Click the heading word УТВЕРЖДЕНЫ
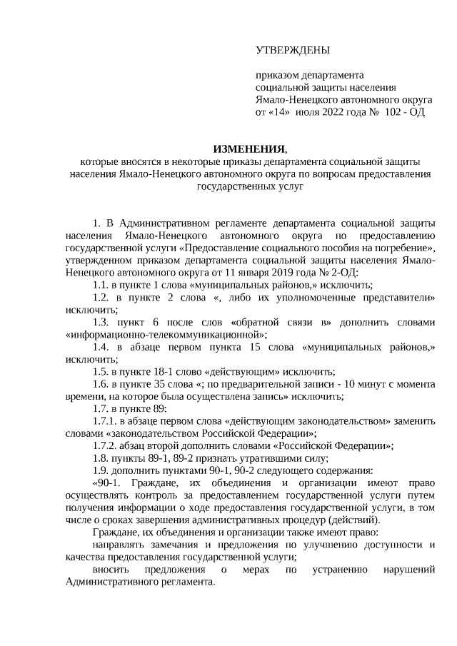click(293, 50)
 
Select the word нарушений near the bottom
click(407, 570)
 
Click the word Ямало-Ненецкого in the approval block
click(290, 100)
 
